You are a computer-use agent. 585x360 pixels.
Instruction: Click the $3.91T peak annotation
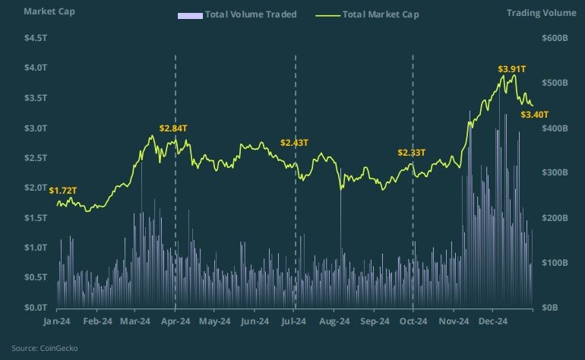click(512, 68)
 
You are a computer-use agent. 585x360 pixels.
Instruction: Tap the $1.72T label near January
click(63, 189)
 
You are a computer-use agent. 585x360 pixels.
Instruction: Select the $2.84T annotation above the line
click(173, 128)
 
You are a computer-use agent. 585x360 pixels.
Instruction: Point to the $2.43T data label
click(294, 143)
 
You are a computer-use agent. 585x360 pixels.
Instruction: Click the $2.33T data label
click(412, 153)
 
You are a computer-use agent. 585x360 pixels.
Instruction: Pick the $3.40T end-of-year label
click(535, 115)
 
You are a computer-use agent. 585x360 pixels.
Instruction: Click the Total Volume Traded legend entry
click(236, 14)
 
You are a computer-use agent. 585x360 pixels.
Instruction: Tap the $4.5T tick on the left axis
click(36, 38)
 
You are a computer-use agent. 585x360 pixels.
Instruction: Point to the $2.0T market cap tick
click(36, 188)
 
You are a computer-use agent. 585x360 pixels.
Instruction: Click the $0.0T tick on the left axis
click(36, 308)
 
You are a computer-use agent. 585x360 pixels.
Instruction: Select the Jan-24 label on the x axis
click(57, 321)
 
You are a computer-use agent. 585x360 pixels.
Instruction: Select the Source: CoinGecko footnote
click(44, 348)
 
